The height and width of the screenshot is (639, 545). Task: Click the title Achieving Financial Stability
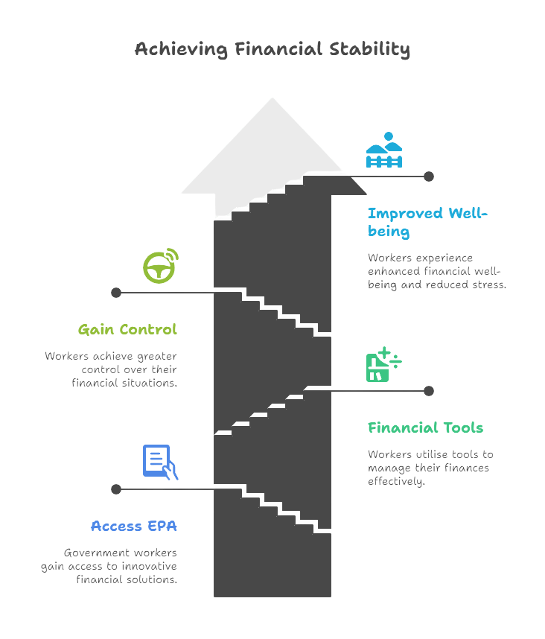click(272, 49)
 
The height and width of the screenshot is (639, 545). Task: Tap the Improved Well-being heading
click(427, 222)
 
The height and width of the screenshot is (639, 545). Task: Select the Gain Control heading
click(127, 329)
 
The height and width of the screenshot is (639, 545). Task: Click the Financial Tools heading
click(425, 427)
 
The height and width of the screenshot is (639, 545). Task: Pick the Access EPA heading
click(133, 526)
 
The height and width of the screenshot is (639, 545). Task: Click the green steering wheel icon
click(161, 266)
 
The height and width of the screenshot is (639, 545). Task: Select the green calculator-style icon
click(383, 364)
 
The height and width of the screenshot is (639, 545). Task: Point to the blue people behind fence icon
click(384, 150)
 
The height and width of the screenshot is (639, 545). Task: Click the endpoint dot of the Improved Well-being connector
click(429, 177)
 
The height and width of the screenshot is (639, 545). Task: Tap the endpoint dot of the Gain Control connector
click(116, 293)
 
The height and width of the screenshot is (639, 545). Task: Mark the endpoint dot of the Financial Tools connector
click(429, 391)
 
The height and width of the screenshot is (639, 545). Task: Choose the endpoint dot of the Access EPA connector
click(116, 489)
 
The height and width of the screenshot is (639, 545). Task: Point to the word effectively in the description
click(396, 482)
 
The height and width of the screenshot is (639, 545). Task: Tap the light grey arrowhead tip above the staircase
click(272, 98)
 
